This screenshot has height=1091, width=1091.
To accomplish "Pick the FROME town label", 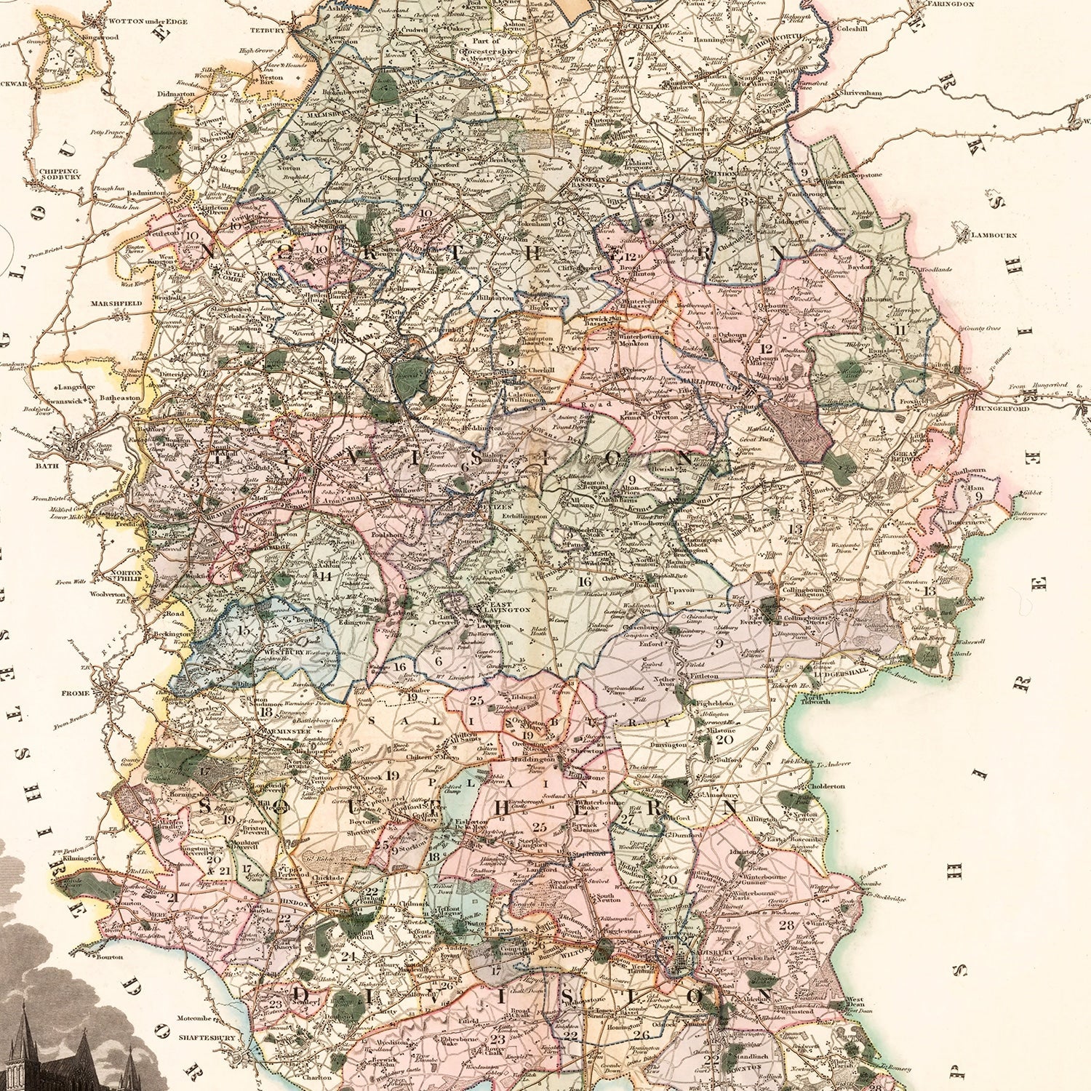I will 76,693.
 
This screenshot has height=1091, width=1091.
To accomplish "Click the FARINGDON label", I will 950,4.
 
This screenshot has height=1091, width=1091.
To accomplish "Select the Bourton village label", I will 110,957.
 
